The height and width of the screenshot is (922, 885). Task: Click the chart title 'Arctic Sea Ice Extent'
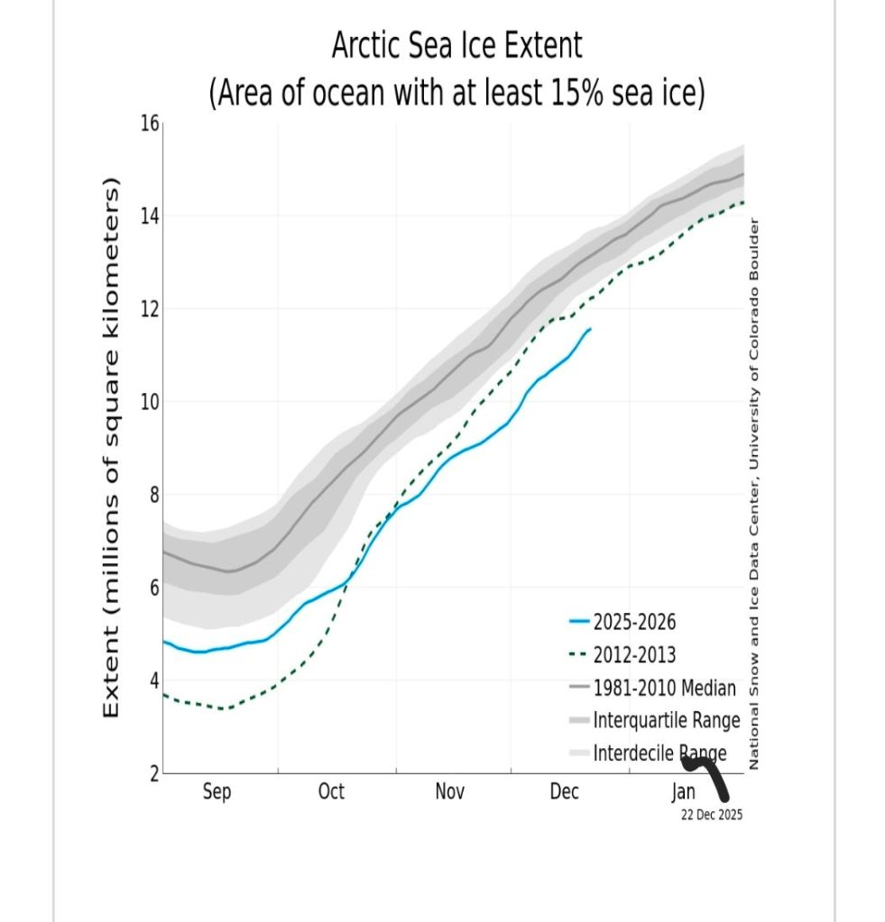click(x=456, y=45)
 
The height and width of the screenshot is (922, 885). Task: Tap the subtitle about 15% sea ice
click(x=456, y=92)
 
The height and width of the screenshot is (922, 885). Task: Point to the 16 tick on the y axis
click(x=149, y=124)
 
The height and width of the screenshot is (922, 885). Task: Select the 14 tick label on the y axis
click(x=149, y=216)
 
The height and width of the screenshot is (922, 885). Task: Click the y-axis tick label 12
click(x=149, y=309)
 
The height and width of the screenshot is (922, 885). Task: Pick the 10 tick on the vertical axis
click(x=149, y=402)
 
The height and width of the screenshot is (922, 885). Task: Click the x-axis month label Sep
click(x=217, y=792)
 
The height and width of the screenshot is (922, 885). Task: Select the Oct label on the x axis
click(x=331, y=792)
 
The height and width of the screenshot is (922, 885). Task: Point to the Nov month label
click(x=449, y=792)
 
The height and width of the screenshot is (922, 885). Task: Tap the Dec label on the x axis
click(x=564, y=792)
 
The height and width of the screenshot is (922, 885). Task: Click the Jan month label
click(x=683, y=792)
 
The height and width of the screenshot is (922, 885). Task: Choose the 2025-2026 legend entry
click(x=633, y=622)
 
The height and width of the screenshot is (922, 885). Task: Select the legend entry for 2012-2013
click(x=633, y=655)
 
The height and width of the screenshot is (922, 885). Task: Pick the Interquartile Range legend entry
click(x=666, y=721)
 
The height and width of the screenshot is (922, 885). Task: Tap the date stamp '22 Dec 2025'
click(x=712, y=814)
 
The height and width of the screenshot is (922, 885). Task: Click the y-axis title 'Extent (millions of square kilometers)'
click(x=112, y=448)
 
